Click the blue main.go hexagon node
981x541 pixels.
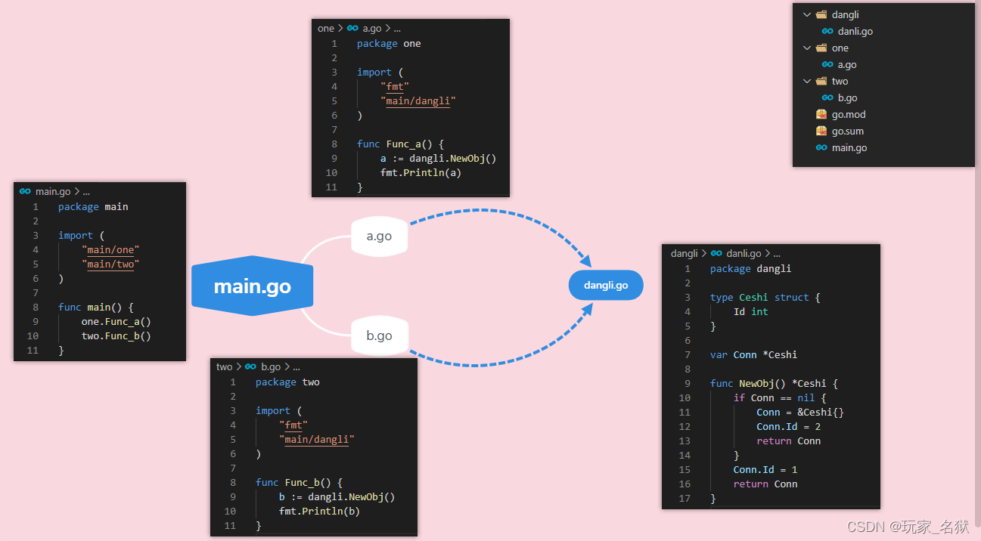252,287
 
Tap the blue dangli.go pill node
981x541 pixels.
606,285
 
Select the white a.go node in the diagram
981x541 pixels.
379,236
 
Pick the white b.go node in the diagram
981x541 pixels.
379,335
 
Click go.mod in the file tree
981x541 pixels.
848,115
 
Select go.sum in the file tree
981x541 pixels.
847,131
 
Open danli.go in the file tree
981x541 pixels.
855,32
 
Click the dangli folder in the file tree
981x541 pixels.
845,15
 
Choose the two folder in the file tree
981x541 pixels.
840,82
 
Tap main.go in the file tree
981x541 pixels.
849,148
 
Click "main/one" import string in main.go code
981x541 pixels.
110,250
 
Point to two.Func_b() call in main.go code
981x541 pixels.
116,336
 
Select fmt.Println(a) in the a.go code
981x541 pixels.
421,173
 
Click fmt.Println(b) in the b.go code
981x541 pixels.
319,512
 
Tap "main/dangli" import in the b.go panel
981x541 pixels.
316,440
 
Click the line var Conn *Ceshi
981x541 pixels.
753,355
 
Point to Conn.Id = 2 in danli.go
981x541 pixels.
788,427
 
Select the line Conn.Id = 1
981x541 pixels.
765,470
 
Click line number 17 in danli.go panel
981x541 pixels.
685,499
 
